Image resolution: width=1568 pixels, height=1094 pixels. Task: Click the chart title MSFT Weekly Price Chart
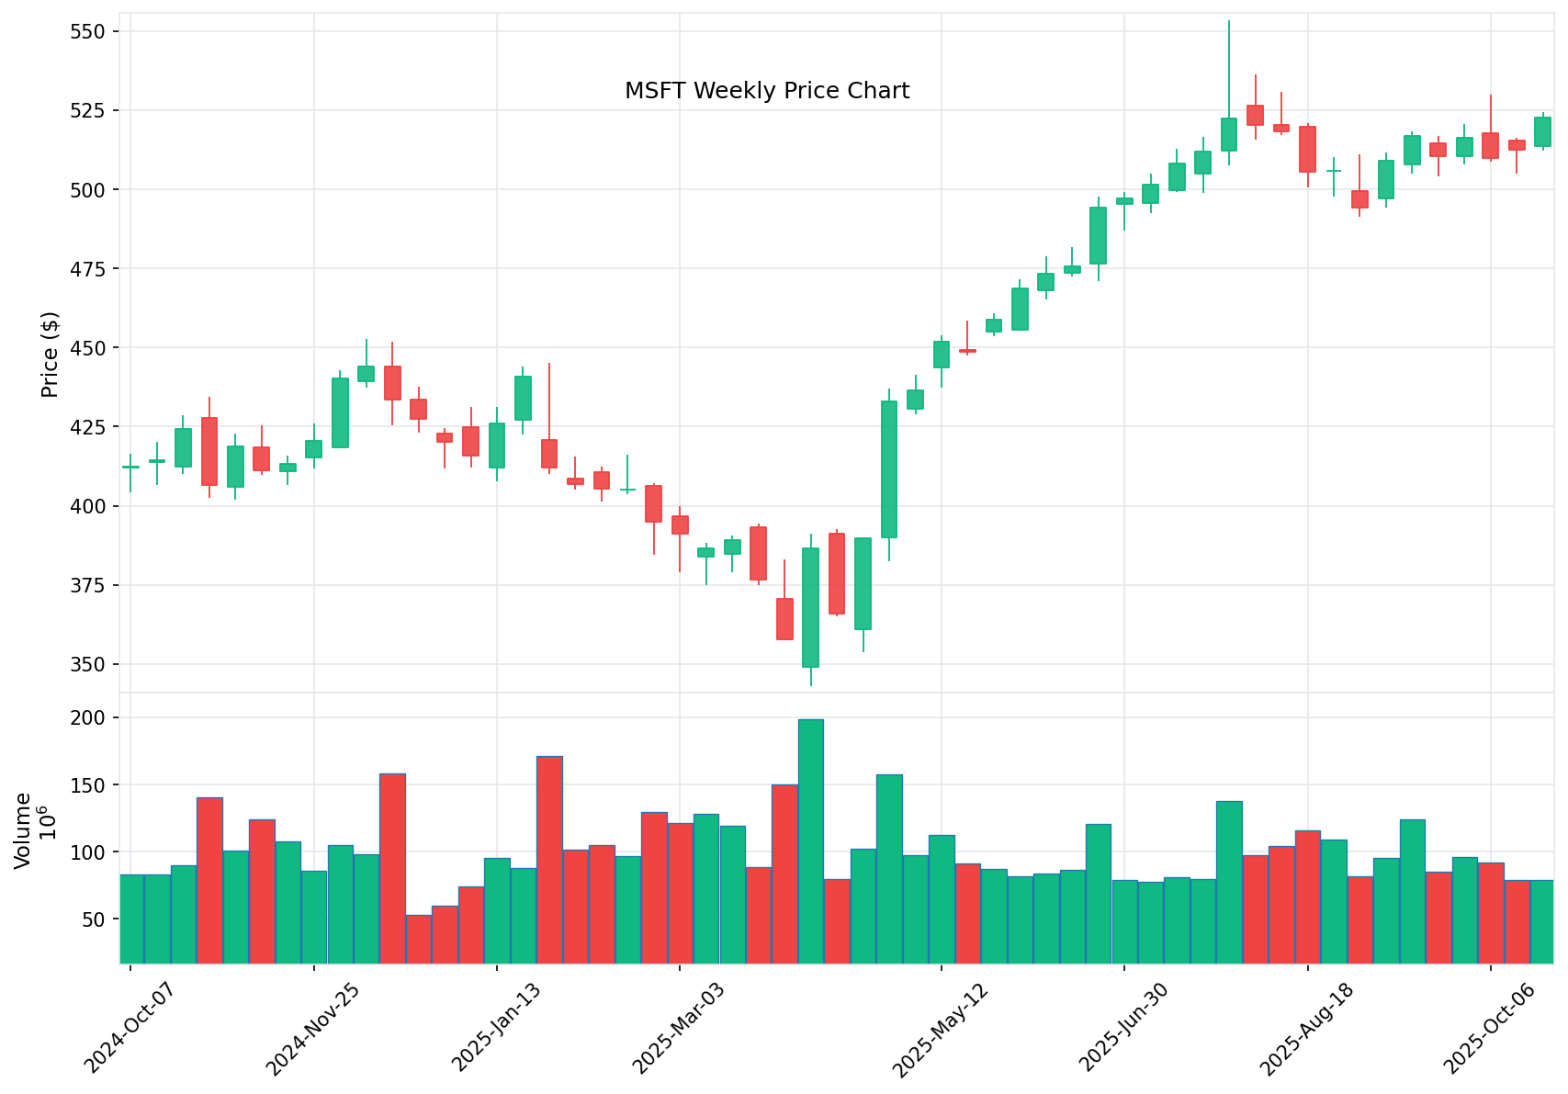click(766, 91)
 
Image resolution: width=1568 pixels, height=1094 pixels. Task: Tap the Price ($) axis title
click(51, 355)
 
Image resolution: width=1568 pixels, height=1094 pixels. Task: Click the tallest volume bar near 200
click(810, 840)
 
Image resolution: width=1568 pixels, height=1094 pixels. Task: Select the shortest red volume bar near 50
click(418, 939)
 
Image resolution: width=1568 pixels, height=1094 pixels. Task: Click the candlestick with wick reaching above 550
click(1229, 134)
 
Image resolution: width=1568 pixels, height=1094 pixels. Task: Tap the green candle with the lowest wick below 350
click(810, 606)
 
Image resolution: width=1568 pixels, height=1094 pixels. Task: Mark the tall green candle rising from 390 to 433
click(889, 468)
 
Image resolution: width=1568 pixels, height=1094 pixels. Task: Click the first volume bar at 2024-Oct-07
click(131, 919)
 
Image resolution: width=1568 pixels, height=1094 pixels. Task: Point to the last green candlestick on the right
click(1543, 131)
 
